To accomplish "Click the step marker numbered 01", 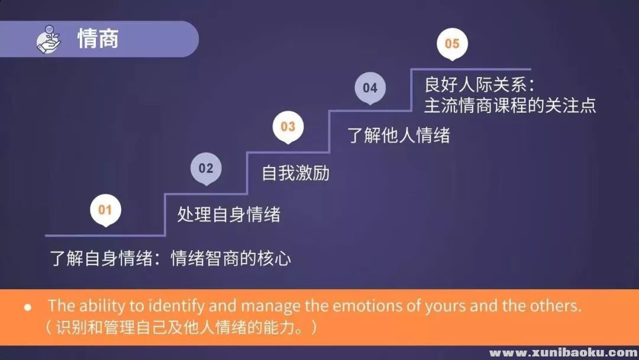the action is click(x=105, y=210).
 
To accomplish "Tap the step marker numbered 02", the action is click(x=206, y=168).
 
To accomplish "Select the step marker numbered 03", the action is click(x=288, y=127).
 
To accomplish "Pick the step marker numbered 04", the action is click(x=370, y=88).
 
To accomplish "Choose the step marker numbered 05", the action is click(x=453, y=44).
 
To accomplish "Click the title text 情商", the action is click(x=98, y=39).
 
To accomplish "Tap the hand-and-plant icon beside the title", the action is click(x=49, y=39).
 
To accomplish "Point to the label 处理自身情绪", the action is click(x=228, y=214).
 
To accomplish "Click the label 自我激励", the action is click(x=295, y=173).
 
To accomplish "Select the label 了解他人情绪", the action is click(x=399, y=135).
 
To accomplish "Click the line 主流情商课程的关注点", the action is click(x=510, y=105).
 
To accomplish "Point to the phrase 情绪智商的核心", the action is click(x=231, y=258).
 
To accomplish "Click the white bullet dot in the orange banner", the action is click(x=28, y=307).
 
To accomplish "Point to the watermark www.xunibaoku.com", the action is click(x=564, y=352).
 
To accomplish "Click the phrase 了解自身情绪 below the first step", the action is click(x=102, y=258).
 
